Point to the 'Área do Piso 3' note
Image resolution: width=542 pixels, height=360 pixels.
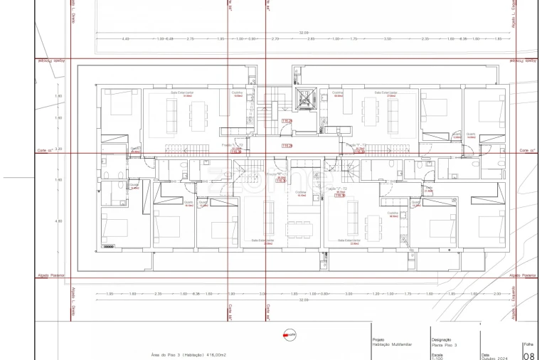188,354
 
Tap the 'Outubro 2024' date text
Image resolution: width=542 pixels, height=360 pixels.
495,357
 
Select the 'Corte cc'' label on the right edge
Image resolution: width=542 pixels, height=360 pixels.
526,151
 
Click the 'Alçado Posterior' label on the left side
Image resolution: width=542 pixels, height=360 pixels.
51,274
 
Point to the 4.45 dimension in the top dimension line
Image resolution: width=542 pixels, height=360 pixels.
126,38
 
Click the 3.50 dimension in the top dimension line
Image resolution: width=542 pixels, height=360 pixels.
388,38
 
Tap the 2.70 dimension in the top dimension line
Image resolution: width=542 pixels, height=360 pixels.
276,38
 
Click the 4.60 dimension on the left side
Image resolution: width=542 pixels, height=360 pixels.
59,221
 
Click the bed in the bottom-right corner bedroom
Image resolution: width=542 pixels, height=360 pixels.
490,227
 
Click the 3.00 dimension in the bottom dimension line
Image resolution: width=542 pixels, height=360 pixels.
348,294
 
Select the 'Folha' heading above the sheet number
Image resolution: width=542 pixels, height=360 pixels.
528,344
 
